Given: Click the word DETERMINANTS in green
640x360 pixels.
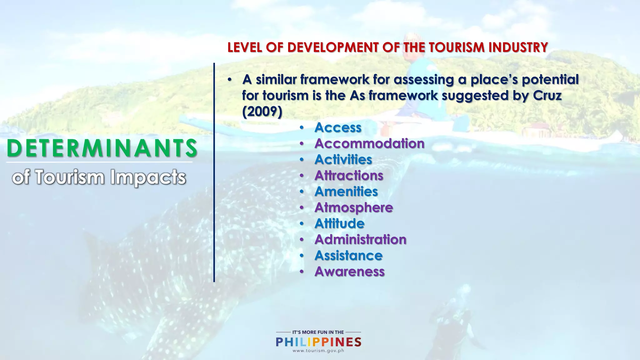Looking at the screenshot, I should [102, 148].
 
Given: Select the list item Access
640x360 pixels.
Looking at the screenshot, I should [338, 127].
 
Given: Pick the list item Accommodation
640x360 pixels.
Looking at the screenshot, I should [369, 143].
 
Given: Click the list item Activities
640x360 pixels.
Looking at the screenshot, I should [343, 159].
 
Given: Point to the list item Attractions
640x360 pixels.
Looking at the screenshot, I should [349, 175].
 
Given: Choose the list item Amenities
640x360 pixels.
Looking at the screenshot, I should [346, 192].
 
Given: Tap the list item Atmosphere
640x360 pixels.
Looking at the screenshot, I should [353, 207].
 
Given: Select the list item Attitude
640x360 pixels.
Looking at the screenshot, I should [339, 223].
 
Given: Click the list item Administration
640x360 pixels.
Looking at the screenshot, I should [360, 239].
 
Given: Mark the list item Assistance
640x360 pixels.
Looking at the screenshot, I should [348, 255].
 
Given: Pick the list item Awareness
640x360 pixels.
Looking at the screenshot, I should [349, 271].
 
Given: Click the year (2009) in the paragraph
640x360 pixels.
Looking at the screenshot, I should [262, 112].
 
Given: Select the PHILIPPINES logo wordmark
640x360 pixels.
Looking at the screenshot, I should [318, 342].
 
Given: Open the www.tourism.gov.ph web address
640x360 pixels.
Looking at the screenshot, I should [318, 351].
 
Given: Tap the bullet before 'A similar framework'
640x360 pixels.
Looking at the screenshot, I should [230, 80].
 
